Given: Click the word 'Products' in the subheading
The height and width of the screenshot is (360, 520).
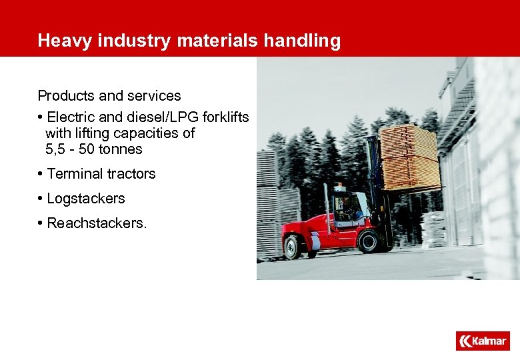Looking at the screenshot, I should click(67, 95).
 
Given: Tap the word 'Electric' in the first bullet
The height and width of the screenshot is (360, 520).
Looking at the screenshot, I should click(72, 117).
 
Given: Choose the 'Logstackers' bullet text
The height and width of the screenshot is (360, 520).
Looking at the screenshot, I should click(85, 199).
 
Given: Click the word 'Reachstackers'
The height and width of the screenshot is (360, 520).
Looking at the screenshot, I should click(95, 223).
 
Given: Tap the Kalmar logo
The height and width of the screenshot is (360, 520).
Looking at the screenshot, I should click(482, 341).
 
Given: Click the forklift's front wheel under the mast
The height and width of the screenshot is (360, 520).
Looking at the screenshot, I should click(368, 241).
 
